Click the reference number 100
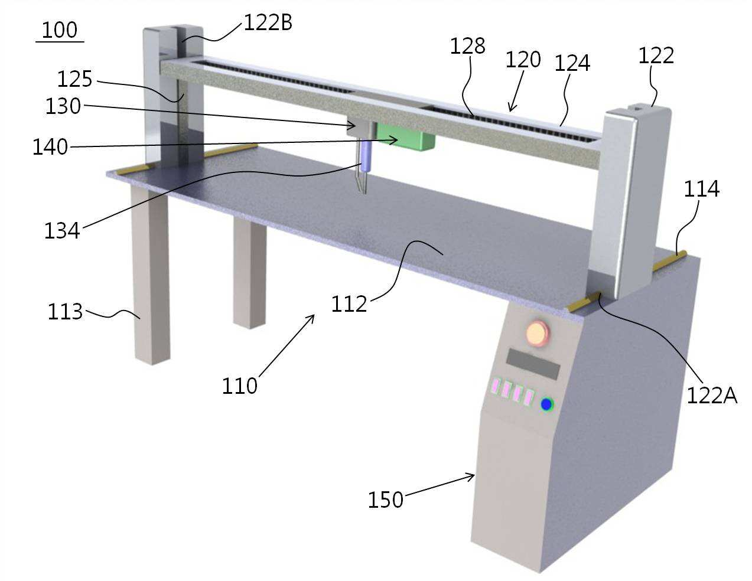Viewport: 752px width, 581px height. (x=60, y=30)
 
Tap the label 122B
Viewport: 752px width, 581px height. (x=268, y=23)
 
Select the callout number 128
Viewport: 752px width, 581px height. (x=467, y=45)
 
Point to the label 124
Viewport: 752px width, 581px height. (x=572, y=63)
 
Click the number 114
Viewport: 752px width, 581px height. (x=702, y=189)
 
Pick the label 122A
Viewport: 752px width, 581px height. (x=712, y=396)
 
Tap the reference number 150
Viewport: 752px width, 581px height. (x=386, y=500)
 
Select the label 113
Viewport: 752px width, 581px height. (x=65, y=311)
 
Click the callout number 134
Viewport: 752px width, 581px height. (x=62, y=231)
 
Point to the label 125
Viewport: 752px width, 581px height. (x=75, y=79)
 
